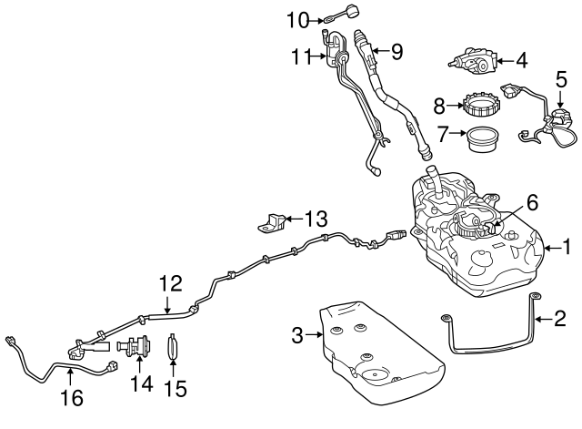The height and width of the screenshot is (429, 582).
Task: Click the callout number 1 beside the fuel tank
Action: tap(567, 247)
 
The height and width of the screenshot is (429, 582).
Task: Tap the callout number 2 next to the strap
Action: tap(560, 318)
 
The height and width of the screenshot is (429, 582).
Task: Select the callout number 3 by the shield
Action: tap(296, 336)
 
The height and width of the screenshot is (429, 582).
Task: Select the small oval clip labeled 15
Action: tap(176, 350)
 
